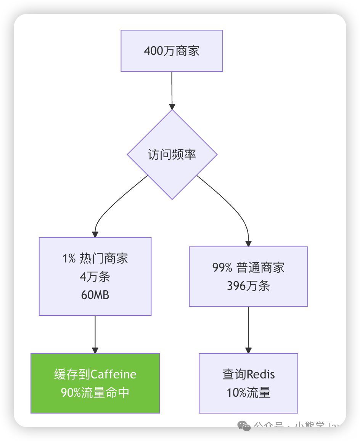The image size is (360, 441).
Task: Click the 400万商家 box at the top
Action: click(172, 51)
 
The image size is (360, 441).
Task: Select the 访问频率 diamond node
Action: click(172, 155)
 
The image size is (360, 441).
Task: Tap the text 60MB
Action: click(95, 295)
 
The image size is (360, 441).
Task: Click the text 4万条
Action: click(95, 277)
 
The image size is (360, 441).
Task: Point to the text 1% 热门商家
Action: click(95, 258)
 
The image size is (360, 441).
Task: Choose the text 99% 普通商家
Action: click(248, 267)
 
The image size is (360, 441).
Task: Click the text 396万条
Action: click(248, 286)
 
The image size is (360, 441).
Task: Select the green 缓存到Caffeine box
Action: click(95, 383)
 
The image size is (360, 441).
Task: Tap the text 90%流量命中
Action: click(95, 393)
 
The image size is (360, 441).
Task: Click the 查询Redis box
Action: click(248, 383)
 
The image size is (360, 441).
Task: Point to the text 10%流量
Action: click(248, 393)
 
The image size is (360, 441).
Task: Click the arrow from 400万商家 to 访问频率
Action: click(172, 90)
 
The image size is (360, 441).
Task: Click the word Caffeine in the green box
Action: click(114, 374)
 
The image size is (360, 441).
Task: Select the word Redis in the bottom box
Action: click(261, 374)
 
